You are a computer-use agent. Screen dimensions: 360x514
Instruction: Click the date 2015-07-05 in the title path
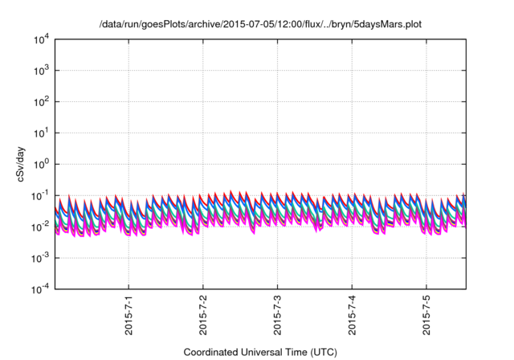pyautogui.click(x=223, y=25)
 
